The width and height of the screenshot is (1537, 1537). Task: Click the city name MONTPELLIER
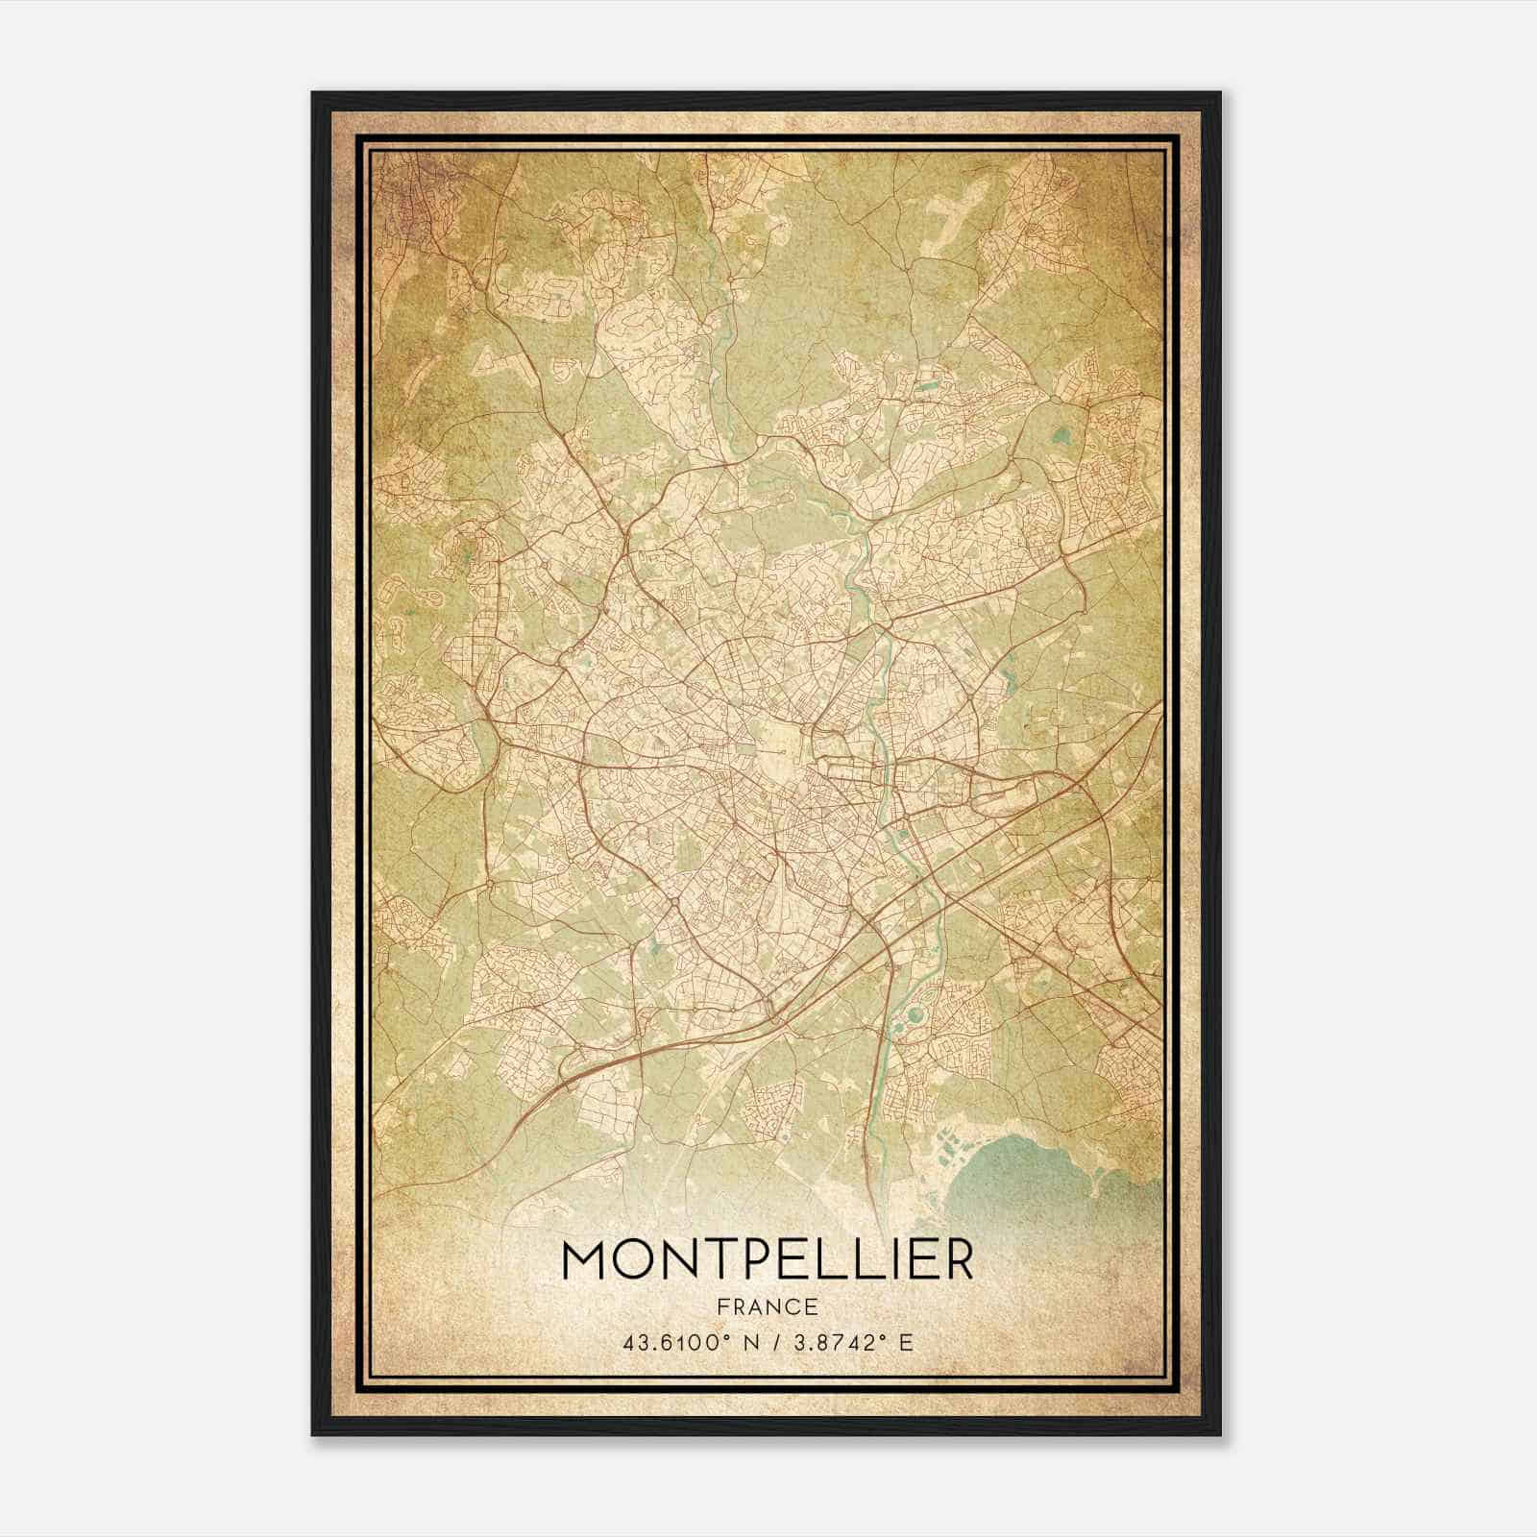point(767,1260)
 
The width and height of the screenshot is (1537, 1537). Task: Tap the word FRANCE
point(767,1306)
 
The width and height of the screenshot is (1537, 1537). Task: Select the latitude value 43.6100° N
point(685,1342)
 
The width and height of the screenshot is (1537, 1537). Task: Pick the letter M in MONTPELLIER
point(585,1260)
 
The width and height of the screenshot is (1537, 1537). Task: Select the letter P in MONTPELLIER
point(755,1260)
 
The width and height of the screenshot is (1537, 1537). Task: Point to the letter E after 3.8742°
point(906,1342)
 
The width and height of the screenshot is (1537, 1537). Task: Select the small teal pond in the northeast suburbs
point(1063,436)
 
